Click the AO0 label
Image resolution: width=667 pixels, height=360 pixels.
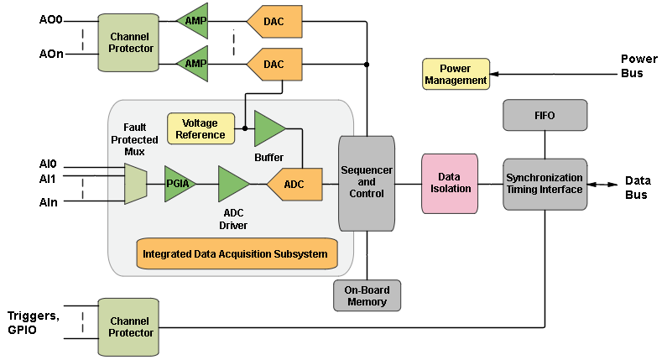[51, 18]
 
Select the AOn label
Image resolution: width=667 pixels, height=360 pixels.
[51, 55]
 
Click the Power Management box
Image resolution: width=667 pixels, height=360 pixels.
[456, 75]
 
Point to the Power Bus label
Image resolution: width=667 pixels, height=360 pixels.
[638, 66]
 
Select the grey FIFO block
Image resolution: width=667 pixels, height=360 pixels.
[545, 115]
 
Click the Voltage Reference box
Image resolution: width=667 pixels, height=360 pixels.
[201, 128]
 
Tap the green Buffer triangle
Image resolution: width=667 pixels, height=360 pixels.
[268, 128]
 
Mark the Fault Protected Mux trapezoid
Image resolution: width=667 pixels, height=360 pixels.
[135, 184]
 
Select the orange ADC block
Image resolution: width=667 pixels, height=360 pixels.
[295, 185]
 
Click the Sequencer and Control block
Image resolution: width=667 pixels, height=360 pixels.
[366, 183]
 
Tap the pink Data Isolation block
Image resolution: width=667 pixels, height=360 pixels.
[450, 183]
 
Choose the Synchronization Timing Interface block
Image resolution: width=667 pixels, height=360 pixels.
[545, 184]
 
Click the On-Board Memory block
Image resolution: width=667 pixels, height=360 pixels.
[367, 295]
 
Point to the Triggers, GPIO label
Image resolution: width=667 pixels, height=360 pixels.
[34, 323]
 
